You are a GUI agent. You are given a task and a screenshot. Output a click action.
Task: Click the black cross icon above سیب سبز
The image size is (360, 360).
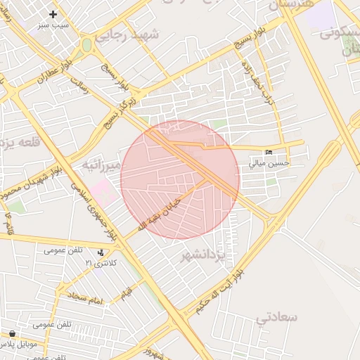pos(53,14)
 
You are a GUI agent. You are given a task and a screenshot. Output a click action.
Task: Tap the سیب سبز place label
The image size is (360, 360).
pos(54,25)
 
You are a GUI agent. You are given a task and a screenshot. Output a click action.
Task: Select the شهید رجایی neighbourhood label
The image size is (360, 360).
pos(128,35)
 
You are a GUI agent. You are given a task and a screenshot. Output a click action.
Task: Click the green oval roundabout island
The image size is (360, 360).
pos(86,46)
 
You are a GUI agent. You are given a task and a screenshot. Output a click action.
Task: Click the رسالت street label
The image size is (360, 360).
pos(79,85)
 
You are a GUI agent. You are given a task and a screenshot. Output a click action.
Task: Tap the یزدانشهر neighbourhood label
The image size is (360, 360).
pos(202,254)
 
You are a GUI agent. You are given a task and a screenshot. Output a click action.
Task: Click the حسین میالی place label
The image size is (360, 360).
pos(269,163)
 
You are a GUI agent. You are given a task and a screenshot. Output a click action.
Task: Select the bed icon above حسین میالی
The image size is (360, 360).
pos(269,153)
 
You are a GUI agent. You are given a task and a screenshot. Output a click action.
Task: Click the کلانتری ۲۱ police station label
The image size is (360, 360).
pos(100,262)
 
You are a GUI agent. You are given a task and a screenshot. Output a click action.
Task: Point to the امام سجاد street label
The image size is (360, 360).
pos(86,298)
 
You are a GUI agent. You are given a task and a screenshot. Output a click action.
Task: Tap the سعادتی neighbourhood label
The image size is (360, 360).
pos(276,317)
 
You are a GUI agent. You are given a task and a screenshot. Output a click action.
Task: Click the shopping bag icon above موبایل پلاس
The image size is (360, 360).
pos(12,334)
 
